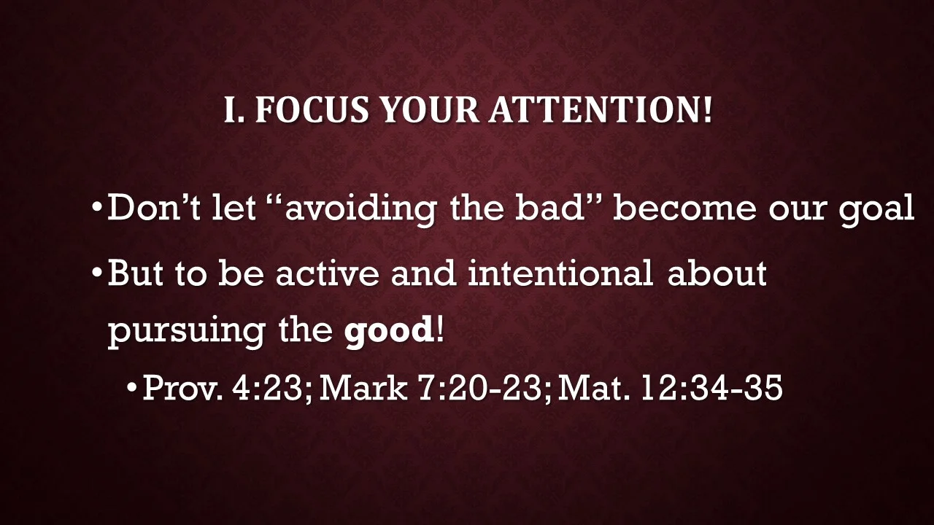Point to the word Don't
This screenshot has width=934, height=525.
tap(153, 209)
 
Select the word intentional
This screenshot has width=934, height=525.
tap(560, 273)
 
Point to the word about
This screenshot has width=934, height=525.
tap(717, 273)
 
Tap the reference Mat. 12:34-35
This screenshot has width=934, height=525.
tap(670, 388)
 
